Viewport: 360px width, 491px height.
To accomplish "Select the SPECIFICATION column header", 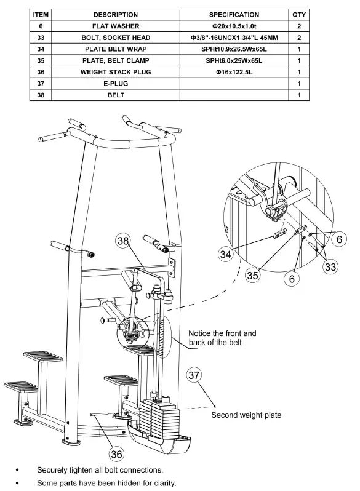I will [234, 14].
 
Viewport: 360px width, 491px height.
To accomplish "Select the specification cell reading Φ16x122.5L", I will [234, 72].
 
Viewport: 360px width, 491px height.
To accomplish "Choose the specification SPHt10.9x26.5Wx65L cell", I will [234, 49].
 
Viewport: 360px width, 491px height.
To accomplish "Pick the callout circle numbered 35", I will [253, 275].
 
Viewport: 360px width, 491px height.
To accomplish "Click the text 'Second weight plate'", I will [246, 415].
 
